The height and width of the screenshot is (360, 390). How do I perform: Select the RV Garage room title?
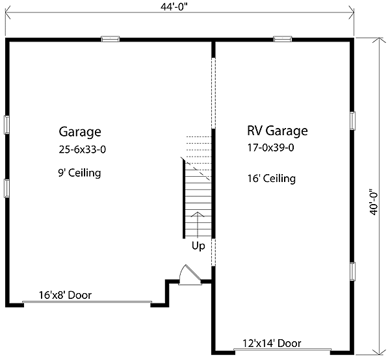[277, 131]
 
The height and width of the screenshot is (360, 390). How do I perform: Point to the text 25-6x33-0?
[81, 150]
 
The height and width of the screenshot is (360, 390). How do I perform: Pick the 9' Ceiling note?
[81, 174]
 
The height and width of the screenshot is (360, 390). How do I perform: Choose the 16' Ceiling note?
[272, 178]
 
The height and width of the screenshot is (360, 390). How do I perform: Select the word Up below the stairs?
[198, 246]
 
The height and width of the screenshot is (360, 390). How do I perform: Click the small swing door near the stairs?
[187, 275]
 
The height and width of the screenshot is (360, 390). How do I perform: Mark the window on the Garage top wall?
[110, 39]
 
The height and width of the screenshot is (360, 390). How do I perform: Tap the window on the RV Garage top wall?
[282, 39]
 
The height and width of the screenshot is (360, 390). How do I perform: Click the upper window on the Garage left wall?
[6, 124]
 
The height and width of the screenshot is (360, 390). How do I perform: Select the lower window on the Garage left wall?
[6, 187]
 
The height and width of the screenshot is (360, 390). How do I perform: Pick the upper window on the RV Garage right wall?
[353, 121]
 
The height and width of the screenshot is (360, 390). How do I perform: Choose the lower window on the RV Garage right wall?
[353, 271]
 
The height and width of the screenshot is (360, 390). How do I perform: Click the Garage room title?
[80, 132]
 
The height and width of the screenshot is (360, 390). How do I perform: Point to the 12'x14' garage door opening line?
[282, 351]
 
